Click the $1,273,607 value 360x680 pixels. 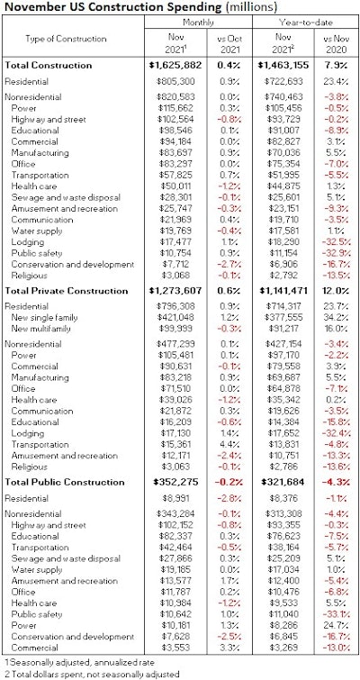[x=163, y=291]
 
